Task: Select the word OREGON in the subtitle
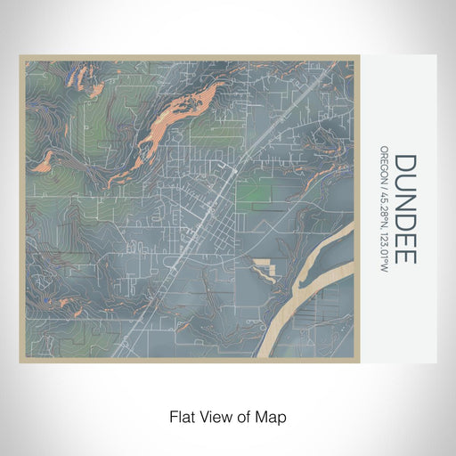(384, 164)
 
